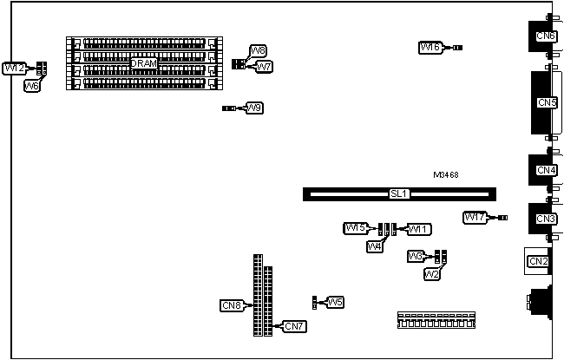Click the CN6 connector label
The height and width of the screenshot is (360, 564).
pyautogui.click(x=546, y=36)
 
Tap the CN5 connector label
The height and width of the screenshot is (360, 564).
pyautogui.click(x=546, y=102)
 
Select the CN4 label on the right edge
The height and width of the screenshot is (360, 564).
pyautogui.click(x=546, y=170)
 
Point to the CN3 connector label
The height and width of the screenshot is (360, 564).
pyautogui.click(x=546, y=219)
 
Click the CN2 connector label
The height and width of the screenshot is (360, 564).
pyautogui.click(x=538, y=261)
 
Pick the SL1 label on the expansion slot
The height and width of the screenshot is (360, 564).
pyautogui.click(x=398, y=194)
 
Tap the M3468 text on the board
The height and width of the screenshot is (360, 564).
pyautogui.click(x=445, y=175)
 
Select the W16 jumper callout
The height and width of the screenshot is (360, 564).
pyautogui.click(x=430, y=48)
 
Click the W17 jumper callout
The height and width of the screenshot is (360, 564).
pyautogui.click(x=475, y=218)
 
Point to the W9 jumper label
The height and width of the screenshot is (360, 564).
pyautogui.click(x=254, y=108)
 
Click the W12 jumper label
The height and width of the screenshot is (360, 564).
pyautogui.click(x=14, y=68)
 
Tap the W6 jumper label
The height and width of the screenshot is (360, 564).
pyautogui.click(x=31, y=85)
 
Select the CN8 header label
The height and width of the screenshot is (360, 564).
pyautogui.click(x=232, y=304)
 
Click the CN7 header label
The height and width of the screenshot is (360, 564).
pyautogui.click(x=294, y=326)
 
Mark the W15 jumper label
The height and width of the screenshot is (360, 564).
pyautogui.click(x=356, y=229)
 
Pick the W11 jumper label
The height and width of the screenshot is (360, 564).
pyautogui.click(x=419, y=229)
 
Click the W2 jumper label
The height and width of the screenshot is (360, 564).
pyautogui.click(x=431, y=274)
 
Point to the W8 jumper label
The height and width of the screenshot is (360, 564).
pyautogui.click(x=258, y=51)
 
